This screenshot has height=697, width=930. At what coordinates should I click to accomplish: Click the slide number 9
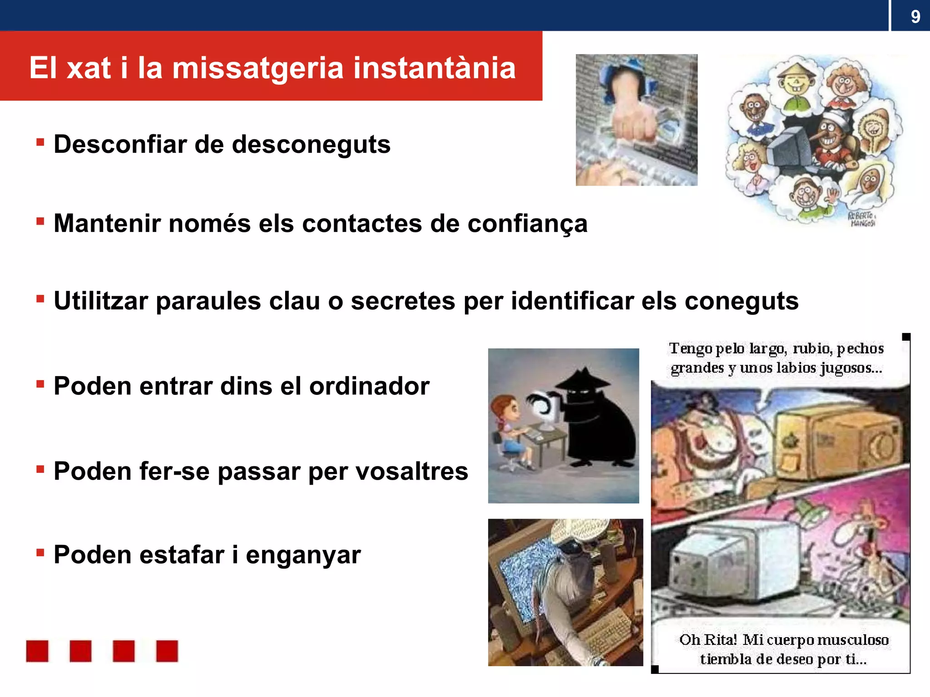pos(915,17)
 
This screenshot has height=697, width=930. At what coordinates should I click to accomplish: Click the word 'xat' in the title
pos(89,68)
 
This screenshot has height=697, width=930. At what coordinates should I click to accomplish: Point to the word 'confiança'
pos(527,224)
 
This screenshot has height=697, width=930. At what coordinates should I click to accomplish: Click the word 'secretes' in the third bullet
pos(403,301)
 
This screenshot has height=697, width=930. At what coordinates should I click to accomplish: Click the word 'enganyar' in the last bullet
pos(303,555)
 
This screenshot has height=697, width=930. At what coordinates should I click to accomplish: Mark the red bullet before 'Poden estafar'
pos(40,553)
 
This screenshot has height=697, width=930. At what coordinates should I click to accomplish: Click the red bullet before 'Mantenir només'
pos(40,221)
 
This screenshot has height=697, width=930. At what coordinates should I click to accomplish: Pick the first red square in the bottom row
pos(37,651)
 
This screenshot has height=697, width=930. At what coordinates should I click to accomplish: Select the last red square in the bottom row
pos(167,651)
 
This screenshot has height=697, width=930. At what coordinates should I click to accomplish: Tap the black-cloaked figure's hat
pos(584,379)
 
